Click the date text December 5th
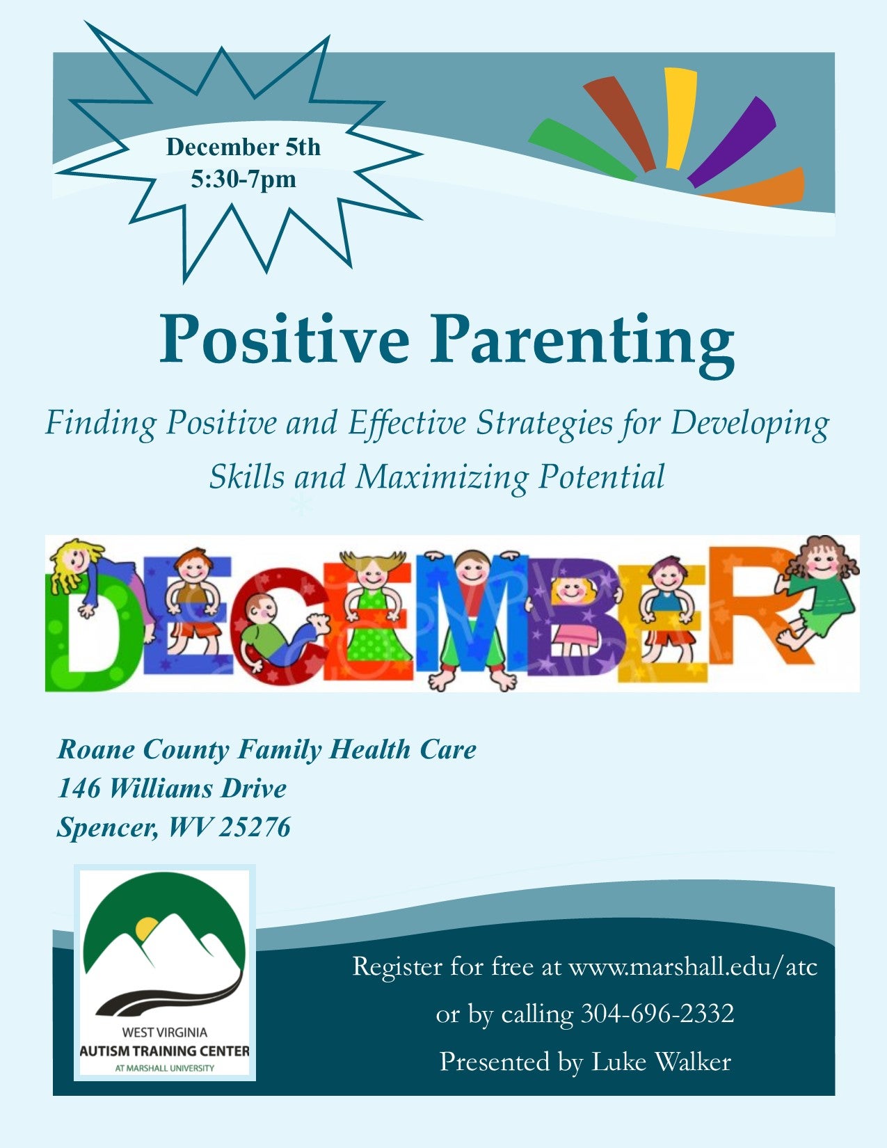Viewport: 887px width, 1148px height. click(243, 147)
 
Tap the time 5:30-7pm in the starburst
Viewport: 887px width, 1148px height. click(243, 180)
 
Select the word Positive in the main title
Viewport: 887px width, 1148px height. click(285, 339)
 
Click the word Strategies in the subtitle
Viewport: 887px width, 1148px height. click(544, 424)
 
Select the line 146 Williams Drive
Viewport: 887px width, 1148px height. click(173, 789)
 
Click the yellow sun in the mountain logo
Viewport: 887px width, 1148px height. click(146, 928)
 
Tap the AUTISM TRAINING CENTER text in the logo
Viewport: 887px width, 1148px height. click(164, 1051)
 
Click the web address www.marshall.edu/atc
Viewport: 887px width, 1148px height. click(693, 967)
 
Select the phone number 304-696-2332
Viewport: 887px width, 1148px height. click(657, 1014)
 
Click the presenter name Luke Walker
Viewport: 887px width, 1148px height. click(661, 1061)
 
